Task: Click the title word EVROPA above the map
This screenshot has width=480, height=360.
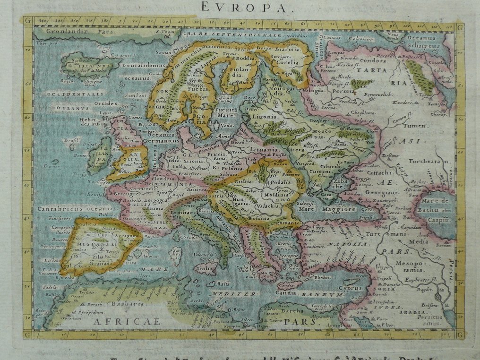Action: pyautogui.click(x=240, y=7)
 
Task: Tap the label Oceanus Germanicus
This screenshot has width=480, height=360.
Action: pyautogui.click(x=157, y=137)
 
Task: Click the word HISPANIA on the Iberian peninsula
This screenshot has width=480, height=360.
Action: pyautogui.click(x=98, y=245)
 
